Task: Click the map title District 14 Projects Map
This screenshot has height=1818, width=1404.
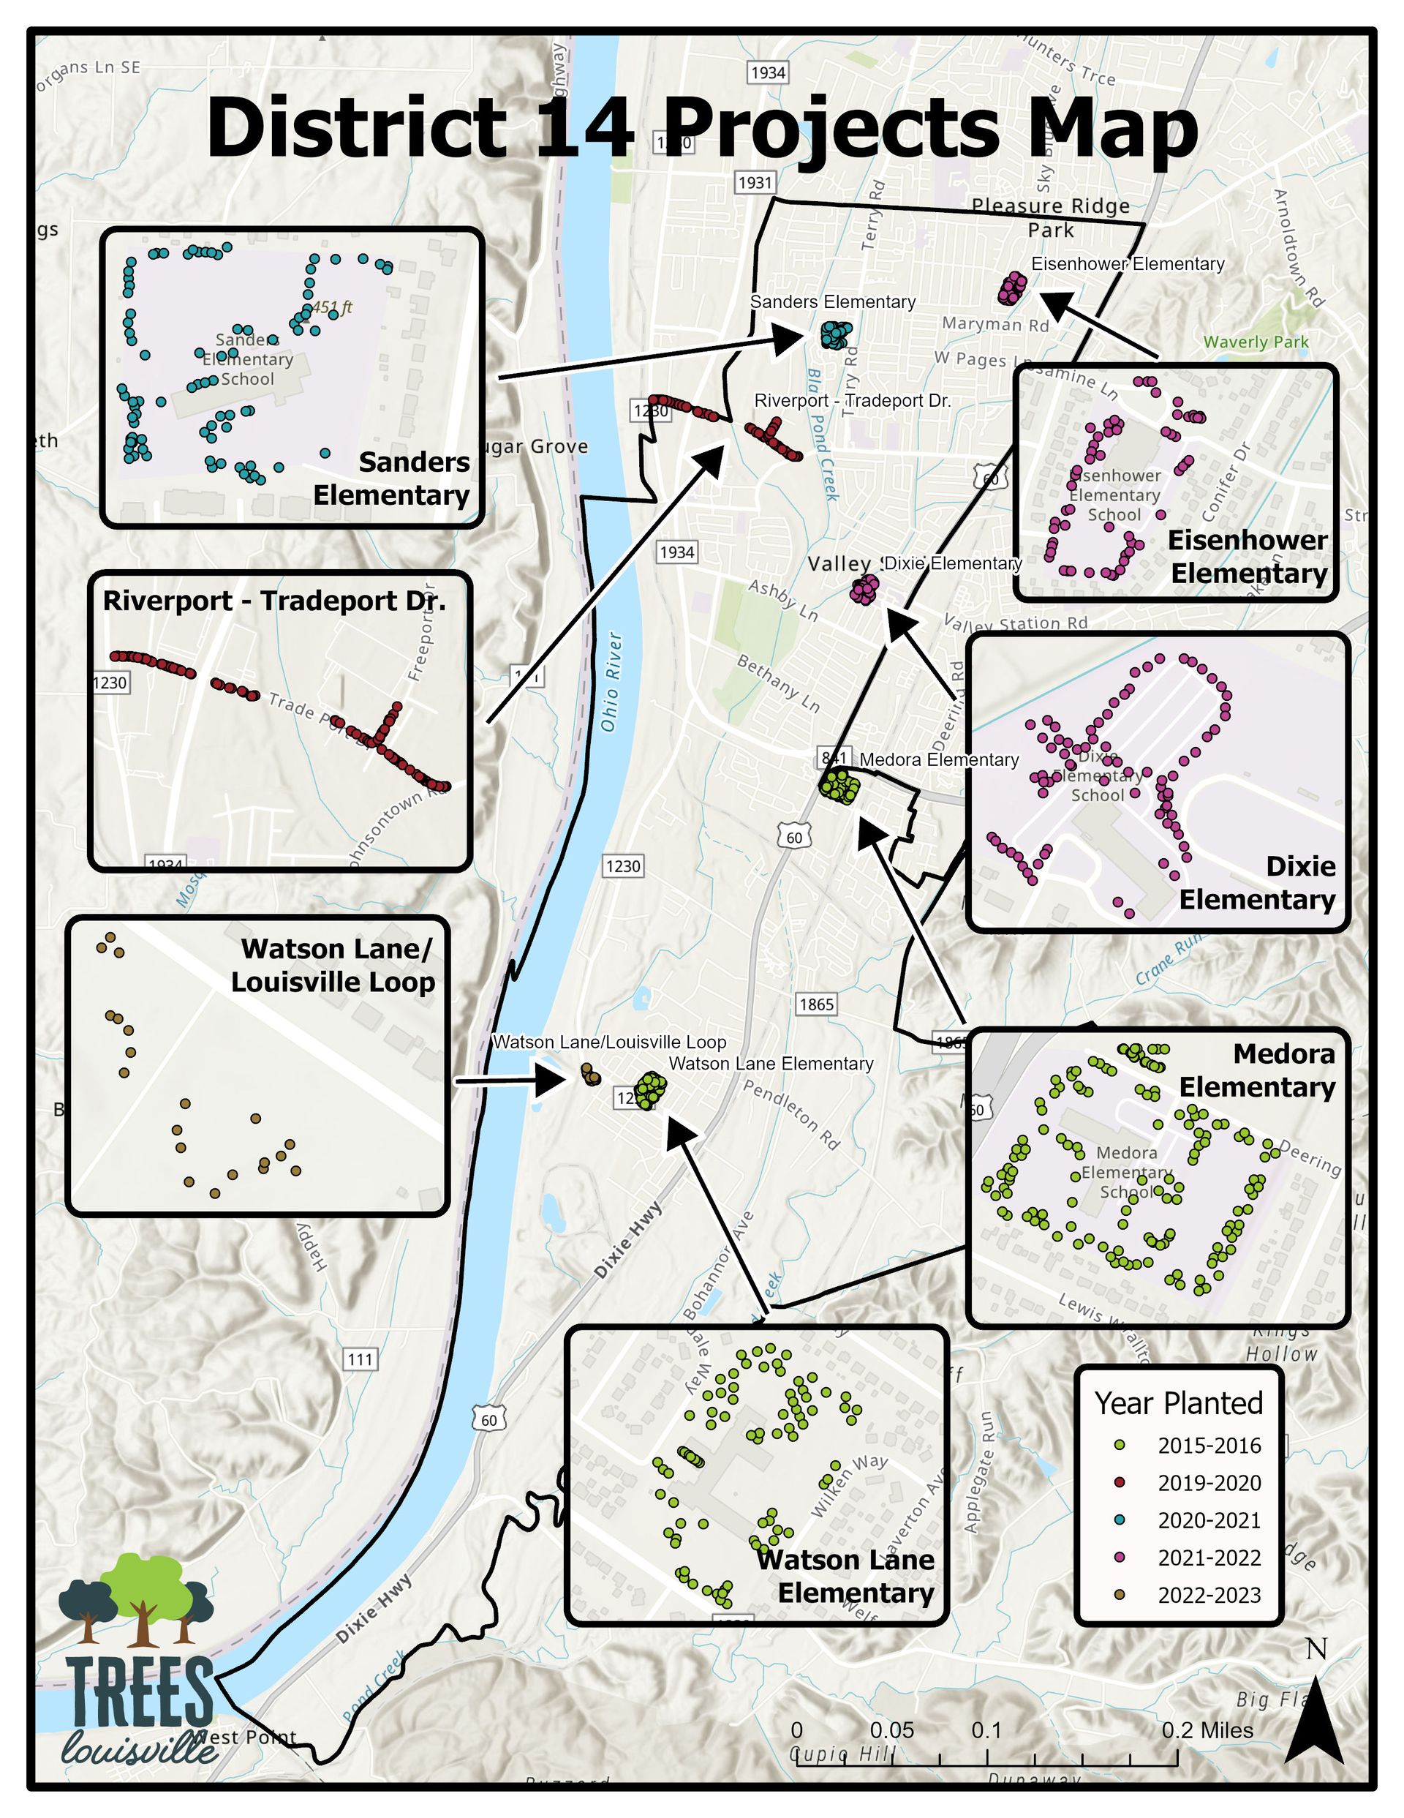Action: [701, 127]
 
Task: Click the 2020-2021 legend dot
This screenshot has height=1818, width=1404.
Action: [1120, 1520]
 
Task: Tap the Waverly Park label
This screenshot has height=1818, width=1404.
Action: [1256, 342]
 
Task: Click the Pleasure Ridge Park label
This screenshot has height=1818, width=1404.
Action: [1050, 217]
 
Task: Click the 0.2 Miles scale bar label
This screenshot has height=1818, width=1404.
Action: [1207, 1729]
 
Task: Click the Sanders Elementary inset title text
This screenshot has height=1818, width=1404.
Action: [391, 478]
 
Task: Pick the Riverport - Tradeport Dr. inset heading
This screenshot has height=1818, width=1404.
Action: [275, 601]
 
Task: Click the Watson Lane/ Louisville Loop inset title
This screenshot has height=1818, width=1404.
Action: [333, 966]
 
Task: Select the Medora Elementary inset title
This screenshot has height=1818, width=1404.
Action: [1257, 1070]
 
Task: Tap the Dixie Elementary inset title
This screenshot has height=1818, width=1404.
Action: [1257, 883]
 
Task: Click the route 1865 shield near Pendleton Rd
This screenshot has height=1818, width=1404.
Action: [815, 1004]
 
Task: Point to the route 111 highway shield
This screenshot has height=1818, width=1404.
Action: [360, 1360]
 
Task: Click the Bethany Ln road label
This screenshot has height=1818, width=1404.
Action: [779, 683]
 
